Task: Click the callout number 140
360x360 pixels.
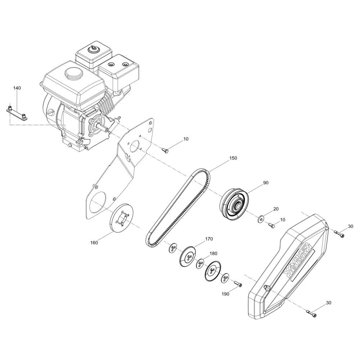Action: (17, 88)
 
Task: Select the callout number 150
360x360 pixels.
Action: (233, 158)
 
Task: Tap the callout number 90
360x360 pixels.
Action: (266, 183)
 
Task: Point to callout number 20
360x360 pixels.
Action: (276, 209)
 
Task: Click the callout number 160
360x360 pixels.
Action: (94, 243)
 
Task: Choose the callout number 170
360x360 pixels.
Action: (209, 239)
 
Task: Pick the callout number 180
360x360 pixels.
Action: (213, 253)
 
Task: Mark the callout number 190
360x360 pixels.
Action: (225, 294)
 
